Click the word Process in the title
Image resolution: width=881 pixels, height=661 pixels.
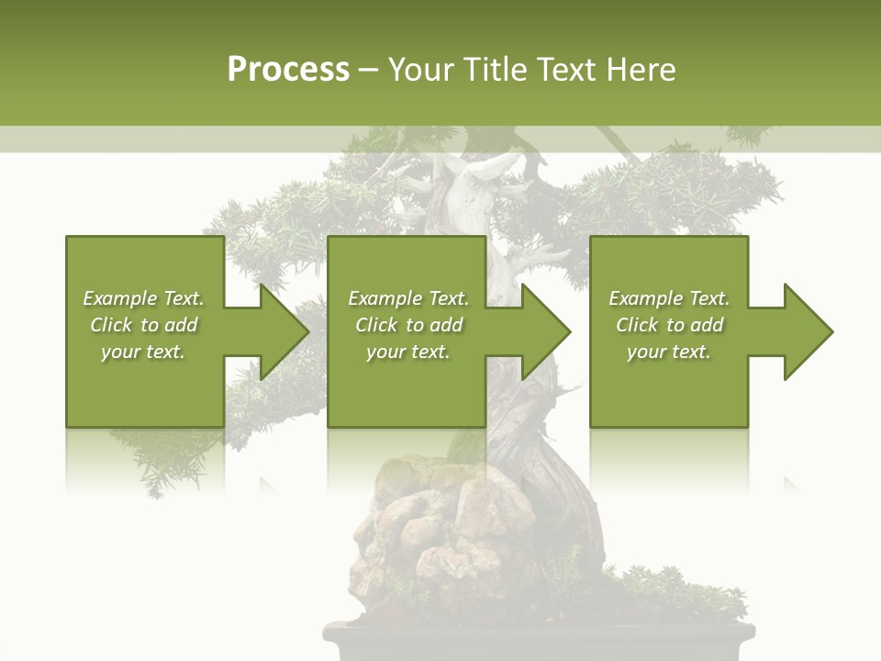[288, 70]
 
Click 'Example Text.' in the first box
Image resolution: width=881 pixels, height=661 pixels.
[143, 298]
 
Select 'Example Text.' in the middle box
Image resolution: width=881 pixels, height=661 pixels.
[408, 298]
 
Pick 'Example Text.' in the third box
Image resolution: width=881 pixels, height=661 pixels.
[669, 298]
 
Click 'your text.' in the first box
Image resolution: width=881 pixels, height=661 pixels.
[143, 352]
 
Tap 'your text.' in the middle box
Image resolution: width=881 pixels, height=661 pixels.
[408, 352]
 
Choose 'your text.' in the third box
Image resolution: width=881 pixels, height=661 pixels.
[669, 352]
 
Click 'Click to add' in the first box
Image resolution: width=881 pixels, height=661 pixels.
[143, 325]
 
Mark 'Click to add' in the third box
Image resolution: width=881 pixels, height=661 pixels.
[669, 325]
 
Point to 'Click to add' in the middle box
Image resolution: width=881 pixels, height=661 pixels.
[408, 325]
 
